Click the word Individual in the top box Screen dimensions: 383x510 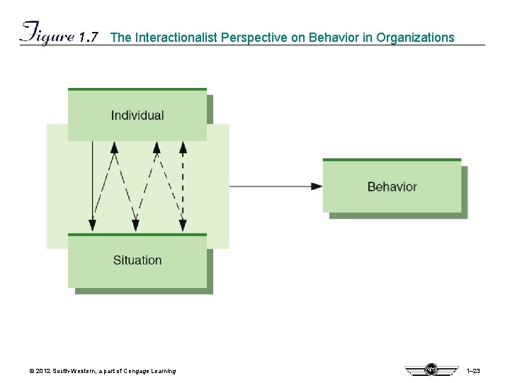137,116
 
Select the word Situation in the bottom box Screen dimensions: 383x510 137,260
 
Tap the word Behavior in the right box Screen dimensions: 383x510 392,187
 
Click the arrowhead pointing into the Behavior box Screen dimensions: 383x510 317,187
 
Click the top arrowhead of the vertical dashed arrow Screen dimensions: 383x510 183,148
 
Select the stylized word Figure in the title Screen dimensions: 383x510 47,34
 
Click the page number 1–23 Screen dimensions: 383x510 474,371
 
